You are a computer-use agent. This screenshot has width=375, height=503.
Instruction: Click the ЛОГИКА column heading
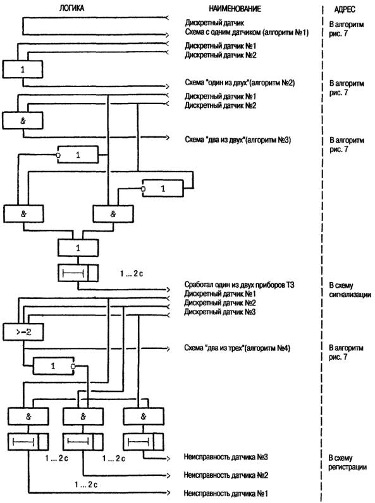[71, 8]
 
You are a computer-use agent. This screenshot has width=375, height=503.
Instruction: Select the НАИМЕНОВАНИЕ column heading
[235, 8]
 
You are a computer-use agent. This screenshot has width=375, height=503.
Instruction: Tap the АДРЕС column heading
[345, 9]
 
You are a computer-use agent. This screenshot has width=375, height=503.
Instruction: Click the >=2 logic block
[23, 332]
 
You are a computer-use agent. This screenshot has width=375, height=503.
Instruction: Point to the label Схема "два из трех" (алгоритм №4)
[237, 348]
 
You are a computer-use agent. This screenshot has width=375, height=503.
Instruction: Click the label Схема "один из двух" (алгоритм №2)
[240, 83]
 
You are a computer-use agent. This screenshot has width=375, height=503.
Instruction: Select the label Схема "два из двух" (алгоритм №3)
[238, 139]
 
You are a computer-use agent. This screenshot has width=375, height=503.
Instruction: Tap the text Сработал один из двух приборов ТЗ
[239, 285]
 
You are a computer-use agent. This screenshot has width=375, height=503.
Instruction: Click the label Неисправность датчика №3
[226, 456]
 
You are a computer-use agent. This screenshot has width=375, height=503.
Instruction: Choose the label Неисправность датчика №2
[226, 475]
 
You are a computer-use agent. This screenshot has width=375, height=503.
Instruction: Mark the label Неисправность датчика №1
[226, 493]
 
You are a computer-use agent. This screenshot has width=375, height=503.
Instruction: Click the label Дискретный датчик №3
[220, 312]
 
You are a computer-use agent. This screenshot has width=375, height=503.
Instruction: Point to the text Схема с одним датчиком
[223, 32]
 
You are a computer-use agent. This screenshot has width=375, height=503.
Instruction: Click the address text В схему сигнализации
[350, 290]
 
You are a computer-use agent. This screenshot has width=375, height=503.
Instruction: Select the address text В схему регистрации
[347, 462]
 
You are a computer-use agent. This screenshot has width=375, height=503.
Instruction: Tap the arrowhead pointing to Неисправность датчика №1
[168, 492]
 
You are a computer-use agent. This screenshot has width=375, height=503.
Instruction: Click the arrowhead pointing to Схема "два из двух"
[168, 138]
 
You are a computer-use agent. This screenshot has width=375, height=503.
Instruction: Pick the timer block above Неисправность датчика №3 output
[144, 442]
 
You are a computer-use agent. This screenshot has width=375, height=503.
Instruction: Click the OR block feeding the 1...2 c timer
[78, 247]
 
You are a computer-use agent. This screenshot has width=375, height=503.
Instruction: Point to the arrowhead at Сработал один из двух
[168, 290]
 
